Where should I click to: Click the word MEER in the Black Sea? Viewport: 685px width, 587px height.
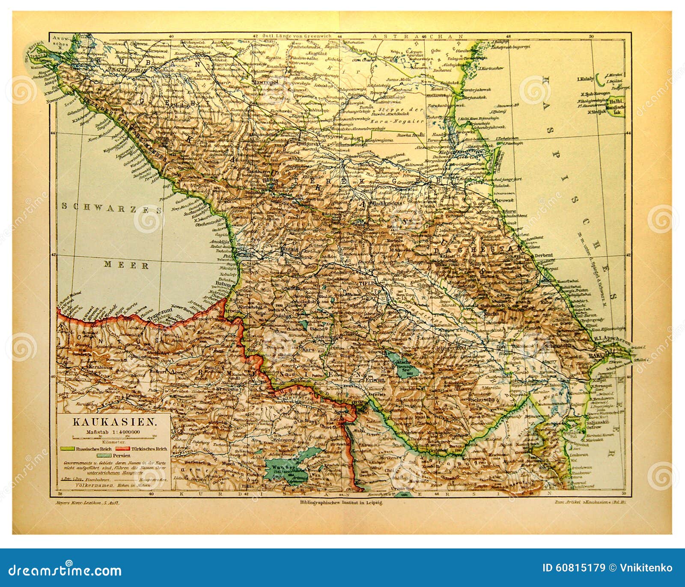[x=127, y=266]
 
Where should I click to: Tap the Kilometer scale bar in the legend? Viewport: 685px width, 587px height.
[x=115, y=438]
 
